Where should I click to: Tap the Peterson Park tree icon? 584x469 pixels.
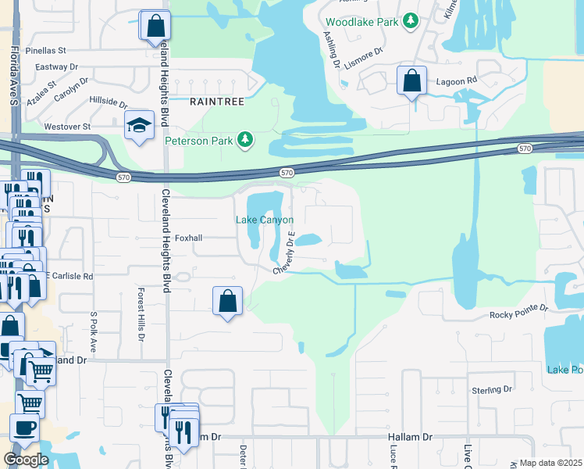[246, 140]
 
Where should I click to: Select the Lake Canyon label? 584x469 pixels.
[265, 220]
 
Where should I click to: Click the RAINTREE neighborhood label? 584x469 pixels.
[217, 102]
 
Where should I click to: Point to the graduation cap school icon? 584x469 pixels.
[138, 125]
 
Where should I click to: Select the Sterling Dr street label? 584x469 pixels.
[491, 388]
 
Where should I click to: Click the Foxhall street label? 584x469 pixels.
[189, 238]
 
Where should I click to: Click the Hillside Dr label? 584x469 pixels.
[109, 102]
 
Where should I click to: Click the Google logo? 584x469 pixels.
[26, 459]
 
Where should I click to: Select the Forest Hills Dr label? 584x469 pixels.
[141, 313]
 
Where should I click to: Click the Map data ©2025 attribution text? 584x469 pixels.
[551, 463]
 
